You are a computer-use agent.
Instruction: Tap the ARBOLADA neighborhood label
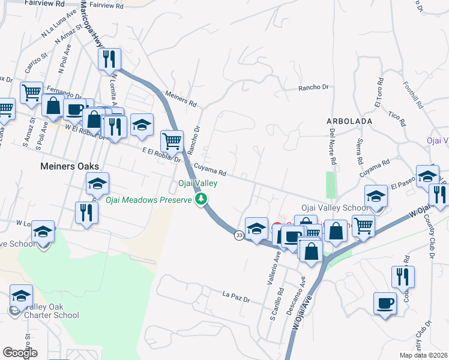[350, 121]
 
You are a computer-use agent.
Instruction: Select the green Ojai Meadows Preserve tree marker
[203, 199]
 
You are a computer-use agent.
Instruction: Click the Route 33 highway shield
[240, 236]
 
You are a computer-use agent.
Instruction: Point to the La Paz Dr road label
[235, 295]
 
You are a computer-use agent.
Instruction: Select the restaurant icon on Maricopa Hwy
[109, 59]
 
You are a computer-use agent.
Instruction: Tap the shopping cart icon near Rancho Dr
[172, 141]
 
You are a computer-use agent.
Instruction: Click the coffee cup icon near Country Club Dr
[385, 303]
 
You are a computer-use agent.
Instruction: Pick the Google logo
[20, 353]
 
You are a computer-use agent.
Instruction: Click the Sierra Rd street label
[359, 154]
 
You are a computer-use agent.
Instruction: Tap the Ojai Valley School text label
[335, 208]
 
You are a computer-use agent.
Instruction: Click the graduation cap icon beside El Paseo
[427, 176]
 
